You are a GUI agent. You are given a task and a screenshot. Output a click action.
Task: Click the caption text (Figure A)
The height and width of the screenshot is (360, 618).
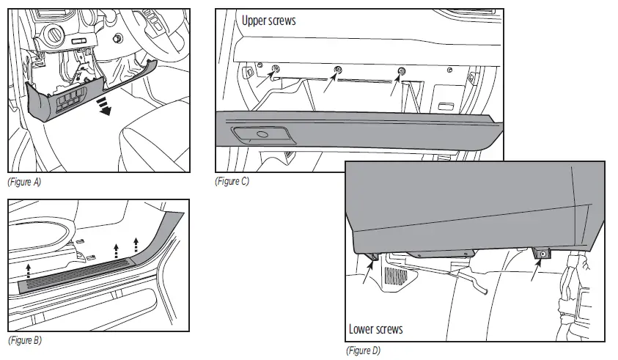point(24,182)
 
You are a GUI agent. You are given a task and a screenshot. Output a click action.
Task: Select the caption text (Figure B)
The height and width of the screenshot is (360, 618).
point(24,341)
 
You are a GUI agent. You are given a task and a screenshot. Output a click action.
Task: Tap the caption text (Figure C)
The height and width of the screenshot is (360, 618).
point(232,181)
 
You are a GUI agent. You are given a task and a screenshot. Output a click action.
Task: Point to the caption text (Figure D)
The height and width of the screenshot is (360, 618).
point(363,350)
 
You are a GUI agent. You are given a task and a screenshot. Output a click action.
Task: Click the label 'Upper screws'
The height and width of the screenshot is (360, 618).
point(269,21)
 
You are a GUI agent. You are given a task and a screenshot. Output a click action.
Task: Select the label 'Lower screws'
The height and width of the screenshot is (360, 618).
point(375,329)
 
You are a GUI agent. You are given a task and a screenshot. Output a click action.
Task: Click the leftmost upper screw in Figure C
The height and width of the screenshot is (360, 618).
point(276,70)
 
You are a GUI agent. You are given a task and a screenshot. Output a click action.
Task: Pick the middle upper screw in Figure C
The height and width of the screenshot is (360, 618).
point(338,70)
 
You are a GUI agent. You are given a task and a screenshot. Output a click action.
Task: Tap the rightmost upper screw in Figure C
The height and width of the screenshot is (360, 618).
point(401,70)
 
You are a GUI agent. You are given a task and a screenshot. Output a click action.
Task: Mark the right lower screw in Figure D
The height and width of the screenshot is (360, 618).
point(543,254)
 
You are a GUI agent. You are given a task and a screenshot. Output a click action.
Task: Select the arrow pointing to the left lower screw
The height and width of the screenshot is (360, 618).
point(367,274)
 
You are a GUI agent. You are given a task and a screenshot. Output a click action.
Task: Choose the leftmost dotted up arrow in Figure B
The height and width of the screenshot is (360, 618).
point(29,269)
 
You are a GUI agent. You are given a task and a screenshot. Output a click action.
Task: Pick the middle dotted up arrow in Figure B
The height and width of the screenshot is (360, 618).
point(116,253)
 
